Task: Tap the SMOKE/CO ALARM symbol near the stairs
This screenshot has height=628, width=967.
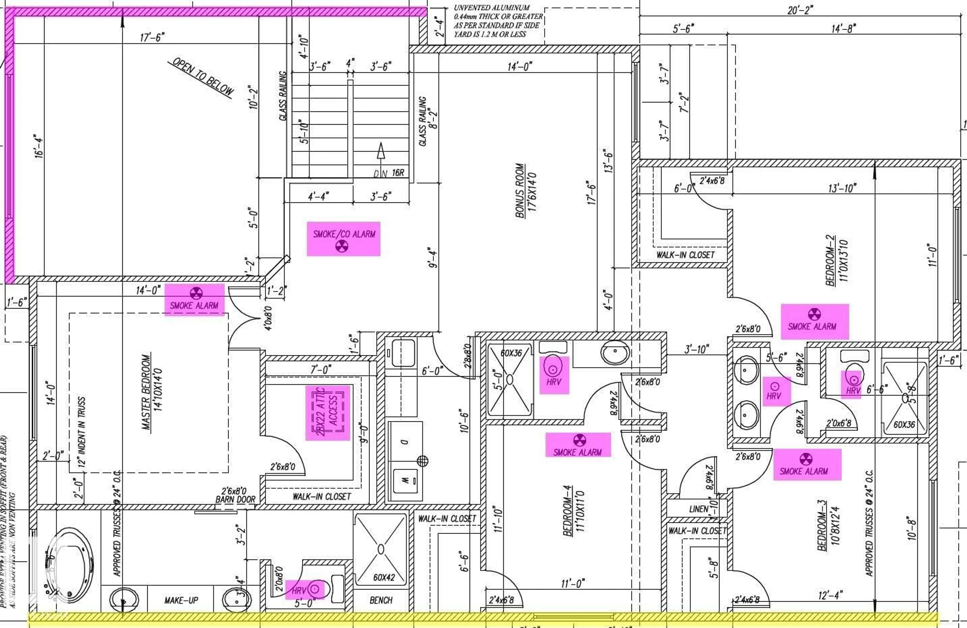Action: pos(342,246)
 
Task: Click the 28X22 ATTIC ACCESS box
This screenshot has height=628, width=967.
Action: pos(327,412)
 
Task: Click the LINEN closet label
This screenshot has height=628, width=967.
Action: pos(699,509)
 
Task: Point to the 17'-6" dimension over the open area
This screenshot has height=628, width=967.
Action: pos(152,37)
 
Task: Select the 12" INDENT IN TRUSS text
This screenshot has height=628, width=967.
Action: pos(81,432)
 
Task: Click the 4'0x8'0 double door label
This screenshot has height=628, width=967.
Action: pos(268,318)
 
